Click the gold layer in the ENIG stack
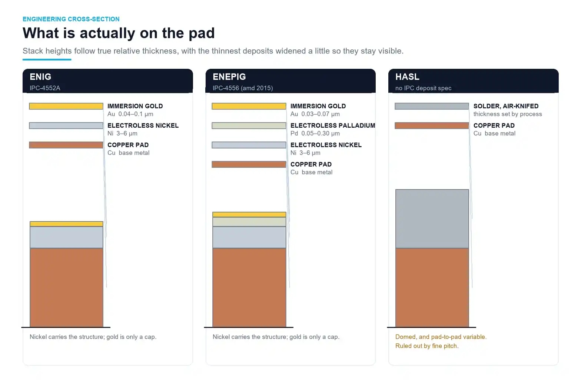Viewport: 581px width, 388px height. click(66, 224)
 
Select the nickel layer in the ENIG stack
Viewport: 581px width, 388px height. click(66, 237)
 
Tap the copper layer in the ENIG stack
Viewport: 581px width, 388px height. click(66, 287)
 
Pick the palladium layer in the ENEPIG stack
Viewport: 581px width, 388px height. click(249, 222)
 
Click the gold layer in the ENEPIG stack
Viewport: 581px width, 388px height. click(249, 214)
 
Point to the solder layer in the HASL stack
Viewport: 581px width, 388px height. click(432, 219)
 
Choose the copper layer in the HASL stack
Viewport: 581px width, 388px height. click(432, 287)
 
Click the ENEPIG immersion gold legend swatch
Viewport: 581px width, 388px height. click(249, 106)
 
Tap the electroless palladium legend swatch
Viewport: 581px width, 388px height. click(249, 125)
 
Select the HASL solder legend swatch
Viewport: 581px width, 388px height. click(432, 106)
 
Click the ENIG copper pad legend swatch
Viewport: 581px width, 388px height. click(66, 145)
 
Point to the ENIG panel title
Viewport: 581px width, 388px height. click(40, 76)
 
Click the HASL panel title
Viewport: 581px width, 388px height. click(407, 76)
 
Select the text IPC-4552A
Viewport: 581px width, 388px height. click(45, 88)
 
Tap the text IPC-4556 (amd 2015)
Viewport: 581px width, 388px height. click(243, 88)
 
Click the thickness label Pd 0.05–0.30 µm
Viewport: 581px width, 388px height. click(315, 133)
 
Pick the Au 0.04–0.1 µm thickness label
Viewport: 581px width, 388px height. click(130, 114)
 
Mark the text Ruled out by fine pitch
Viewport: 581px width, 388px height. click(427, 346)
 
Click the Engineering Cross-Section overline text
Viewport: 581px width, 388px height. click(71, 19)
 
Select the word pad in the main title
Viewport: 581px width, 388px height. click(202, 33)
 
